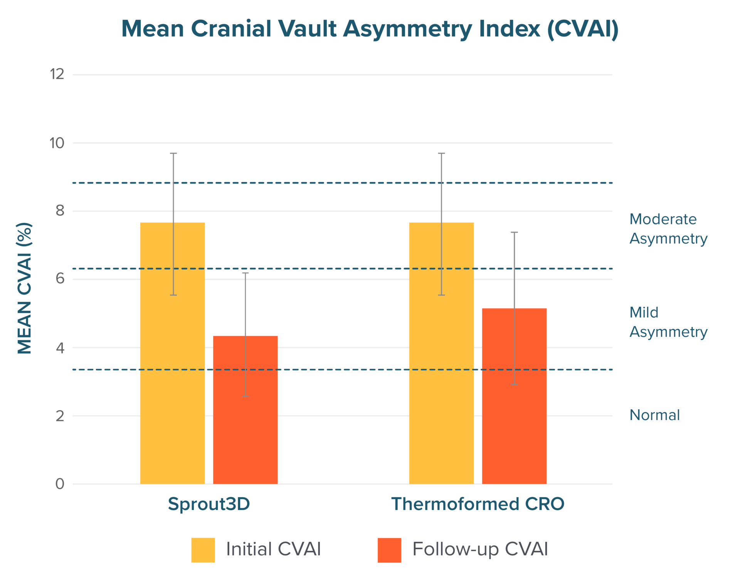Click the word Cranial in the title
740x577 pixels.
coord(231,29)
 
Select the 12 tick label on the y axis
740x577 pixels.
coord(57,74)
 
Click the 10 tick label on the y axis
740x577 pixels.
coord(57,144)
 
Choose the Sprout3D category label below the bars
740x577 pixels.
coord(209,504)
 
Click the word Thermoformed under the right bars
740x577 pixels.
coord(455,504)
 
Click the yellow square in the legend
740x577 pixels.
coord(203,550)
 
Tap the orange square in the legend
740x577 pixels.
coord(389,550)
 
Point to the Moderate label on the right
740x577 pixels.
coord(663,224)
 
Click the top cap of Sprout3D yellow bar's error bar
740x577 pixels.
coord(173,153)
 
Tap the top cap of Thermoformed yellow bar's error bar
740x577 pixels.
coord(441,153)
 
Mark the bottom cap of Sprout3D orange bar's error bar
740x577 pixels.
coord(246,396)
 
